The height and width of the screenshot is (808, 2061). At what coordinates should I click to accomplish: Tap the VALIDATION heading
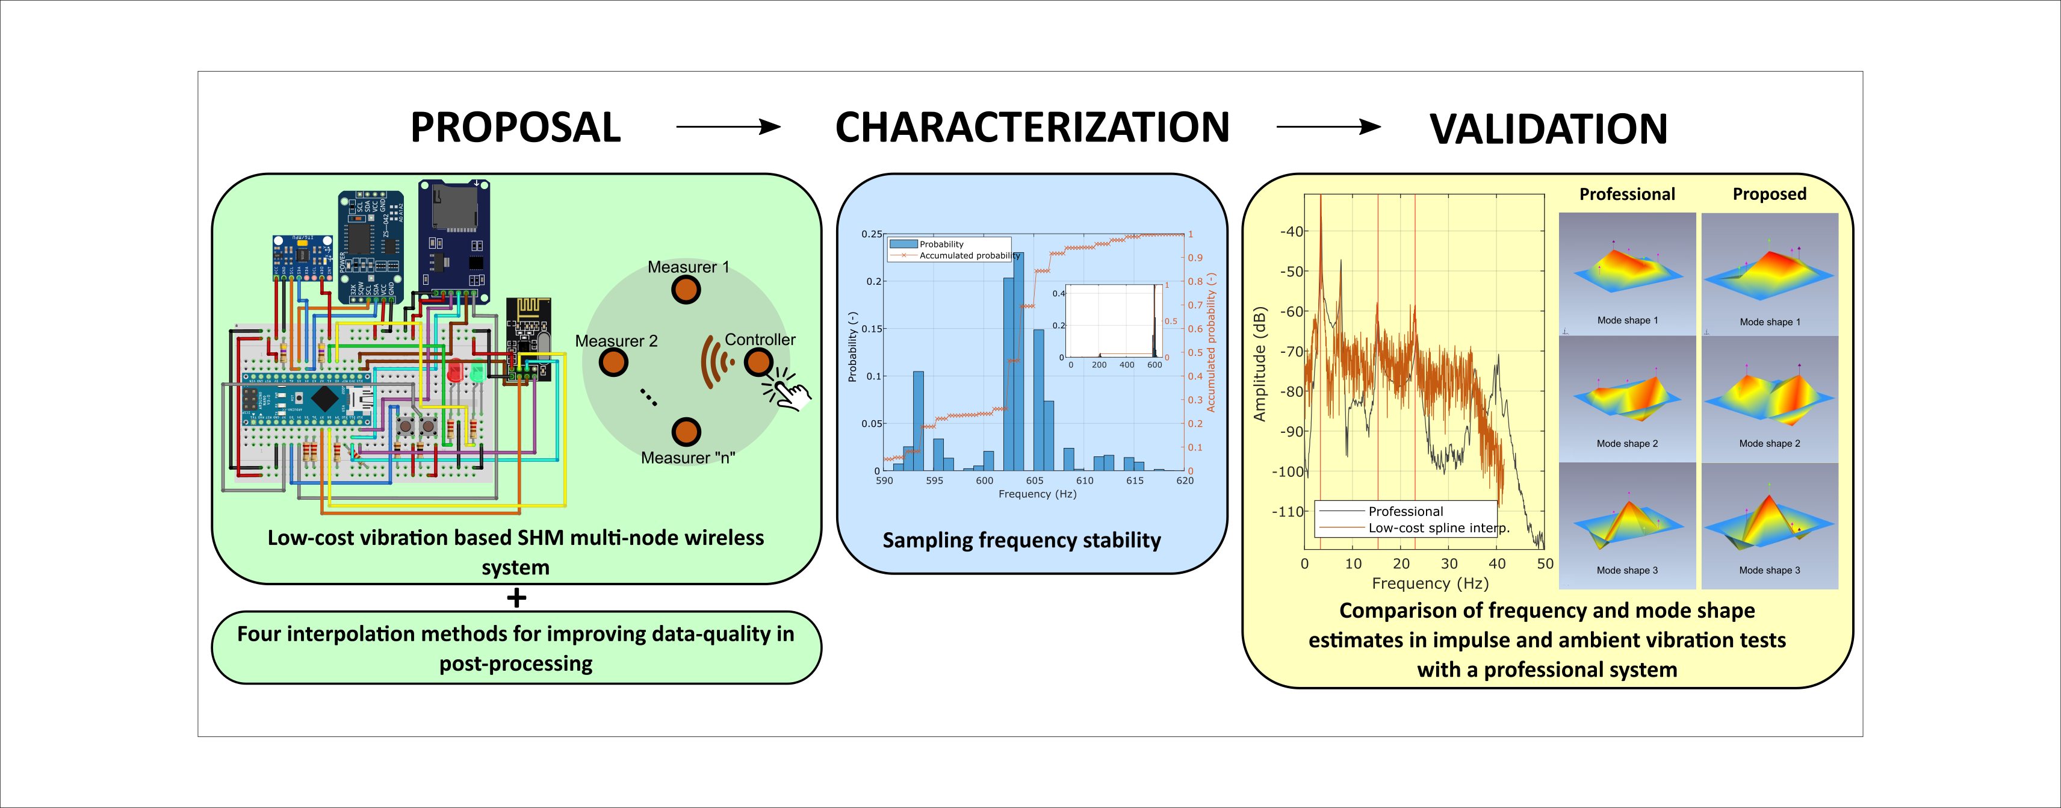pyautogui.click(x=1548, y=129)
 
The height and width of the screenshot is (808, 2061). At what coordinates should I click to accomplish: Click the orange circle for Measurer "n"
pyautogui.click(x=686, y=432)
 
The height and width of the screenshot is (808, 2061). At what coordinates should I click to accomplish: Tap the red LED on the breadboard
pyautogui.click(x=454, y=372)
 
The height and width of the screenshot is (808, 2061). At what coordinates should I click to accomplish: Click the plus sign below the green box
pyautogui.click(x=516, y=598)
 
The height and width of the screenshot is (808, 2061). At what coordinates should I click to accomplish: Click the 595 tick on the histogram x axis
pyautogui.click(x=934, y=481)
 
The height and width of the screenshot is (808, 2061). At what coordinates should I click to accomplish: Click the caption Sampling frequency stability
pyautogui.click(x=1021, y=541)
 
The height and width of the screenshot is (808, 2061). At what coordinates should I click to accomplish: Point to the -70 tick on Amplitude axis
pyautogui.click(x=1291, y=351)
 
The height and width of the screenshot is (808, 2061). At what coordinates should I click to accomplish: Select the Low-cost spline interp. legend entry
pyautogui.click(x=1438, y=528)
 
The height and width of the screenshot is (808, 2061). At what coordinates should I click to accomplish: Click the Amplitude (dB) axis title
pyautogui.click(x=1260, y=364)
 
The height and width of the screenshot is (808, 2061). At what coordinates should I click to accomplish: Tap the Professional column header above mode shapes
pyautogui.click(x=1626, y=194)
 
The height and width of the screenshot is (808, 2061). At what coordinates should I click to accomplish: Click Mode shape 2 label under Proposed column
pyautogui.click(x=1769, y=443)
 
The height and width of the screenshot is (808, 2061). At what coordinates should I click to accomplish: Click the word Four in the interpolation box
pyautogui.click(x=258, y=635)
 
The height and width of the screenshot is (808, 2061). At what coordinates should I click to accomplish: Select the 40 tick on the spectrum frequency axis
pyautogui.click(x=1496, y=563)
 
